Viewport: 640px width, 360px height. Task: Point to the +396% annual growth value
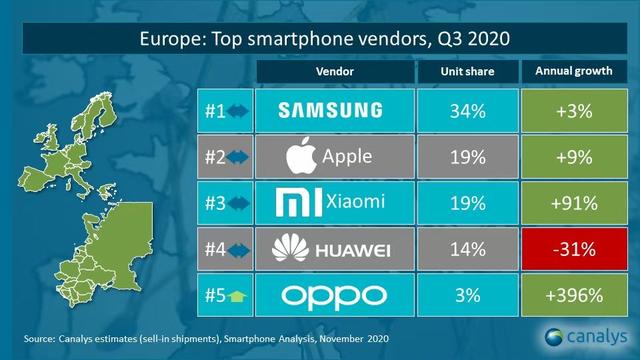pyautogui.click(x=576, y=297)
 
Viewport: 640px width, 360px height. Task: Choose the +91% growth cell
pyautogui.click(x=576, y=203)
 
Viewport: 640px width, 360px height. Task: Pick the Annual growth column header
pyautogui.click(x=576, y=72)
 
